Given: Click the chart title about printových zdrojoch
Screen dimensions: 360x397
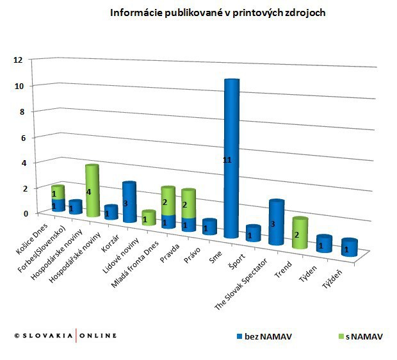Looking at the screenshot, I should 218,13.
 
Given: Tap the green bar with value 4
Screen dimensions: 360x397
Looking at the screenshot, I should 92,191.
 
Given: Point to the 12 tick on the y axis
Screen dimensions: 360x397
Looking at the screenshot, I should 18,60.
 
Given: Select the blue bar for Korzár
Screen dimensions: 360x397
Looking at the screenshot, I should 128,202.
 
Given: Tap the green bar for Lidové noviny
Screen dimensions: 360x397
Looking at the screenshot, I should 147,218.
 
